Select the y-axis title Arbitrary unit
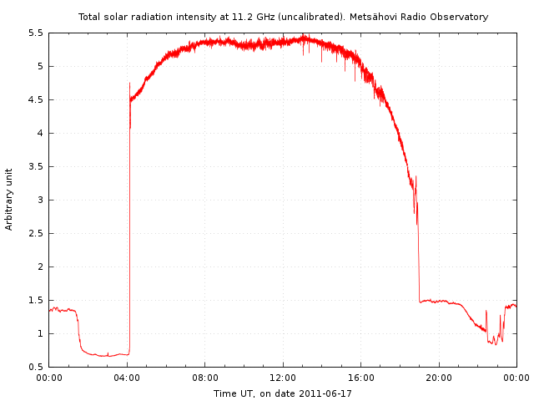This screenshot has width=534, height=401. pos(9,199)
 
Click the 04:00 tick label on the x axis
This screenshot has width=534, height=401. pos(127,378)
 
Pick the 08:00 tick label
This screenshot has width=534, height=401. pos(204,378)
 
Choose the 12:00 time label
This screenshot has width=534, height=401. pos(283,378)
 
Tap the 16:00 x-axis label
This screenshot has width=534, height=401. pos(360,378)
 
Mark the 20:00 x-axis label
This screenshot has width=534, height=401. pos(439,378)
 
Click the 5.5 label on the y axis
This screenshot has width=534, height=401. pos(36,33)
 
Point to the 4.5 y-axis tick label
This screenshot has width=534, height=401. pos(36,100)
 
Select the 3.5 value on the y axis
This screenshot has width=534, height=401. pos(36,167)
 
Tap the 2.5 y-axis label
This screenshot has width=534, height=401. pos(36,234)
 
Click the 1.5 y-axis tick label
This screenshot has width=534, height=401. pos(36,301)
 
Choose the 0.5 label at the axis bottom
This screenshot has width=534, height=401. pos(36,368)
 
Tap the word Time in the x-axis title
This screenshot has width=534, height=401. pos(224,393)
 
